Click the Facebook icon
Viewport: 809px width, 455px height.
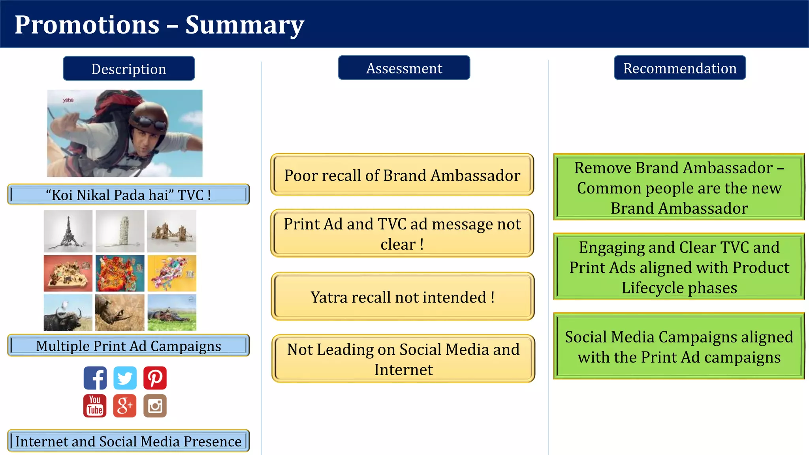coord(95,378)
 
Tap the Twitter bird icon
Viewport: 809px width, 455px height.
coord(125,378)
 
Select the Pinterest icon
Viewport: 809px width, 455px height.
coord(155,378)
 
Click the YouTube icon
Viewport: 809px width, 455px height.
coord(95,406)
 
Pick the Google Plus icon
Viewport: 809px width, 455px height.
coord(125,406)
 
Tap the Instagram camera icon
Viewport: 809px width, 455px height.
coord(155,406)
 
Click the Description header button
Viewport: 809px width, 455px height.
coord(129,69)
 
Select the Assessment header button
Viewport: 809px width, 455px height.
coord(404,68)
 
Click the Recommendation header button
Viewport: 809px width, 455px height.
coord(679,68)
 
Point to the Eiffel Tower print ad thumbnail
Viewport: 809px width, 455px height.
coord(68,231)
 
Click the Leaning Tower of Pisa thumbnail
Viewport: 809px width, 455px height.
coord(120,231)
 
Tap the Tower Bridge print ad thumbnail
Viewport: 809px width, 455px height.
coord(171,231)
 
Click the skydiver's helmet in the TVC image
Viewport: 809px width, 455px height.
coord(149,118)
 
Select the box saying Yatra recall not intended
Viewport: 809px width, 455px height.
coord(403,297)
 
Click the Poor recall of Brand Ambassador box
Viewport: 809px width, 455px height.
coord(402,175)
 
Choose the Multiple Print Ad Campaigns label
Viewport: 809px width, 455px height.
coord(128,346)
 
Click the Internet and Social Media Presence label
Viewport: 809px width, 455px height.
coord(128,441)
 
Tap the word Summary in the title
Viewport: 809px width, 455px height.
coord(245,24)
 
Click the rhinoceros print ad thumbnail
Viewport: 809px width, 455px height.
coord(120,312)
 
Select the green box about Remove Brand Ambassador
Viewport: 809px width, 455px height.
coord(679,188)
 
